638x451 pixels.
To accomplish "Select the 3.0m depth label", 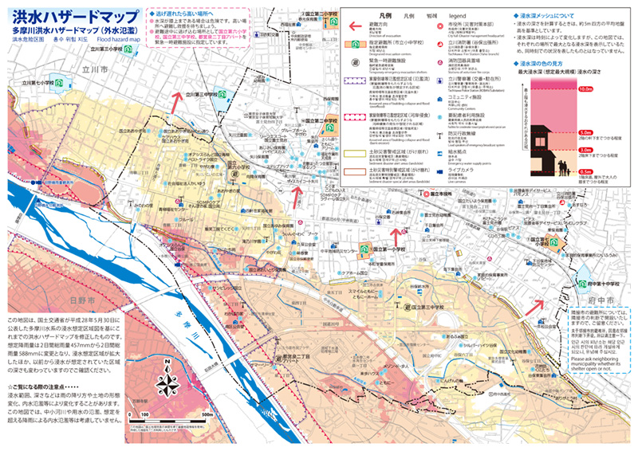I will tap(608, 150).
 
